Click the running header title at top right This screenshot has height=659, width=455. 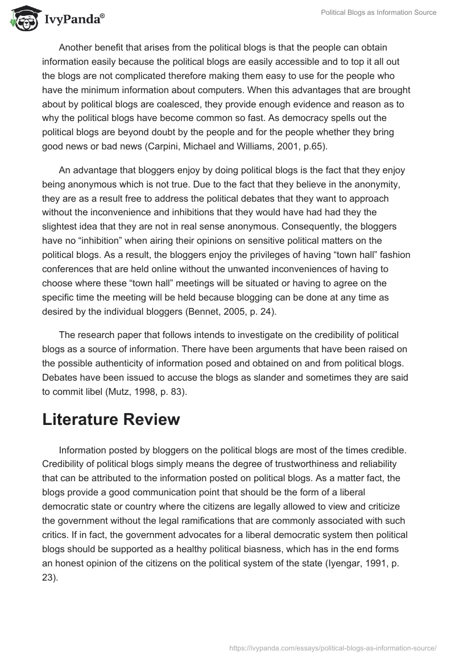[378, 12]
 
